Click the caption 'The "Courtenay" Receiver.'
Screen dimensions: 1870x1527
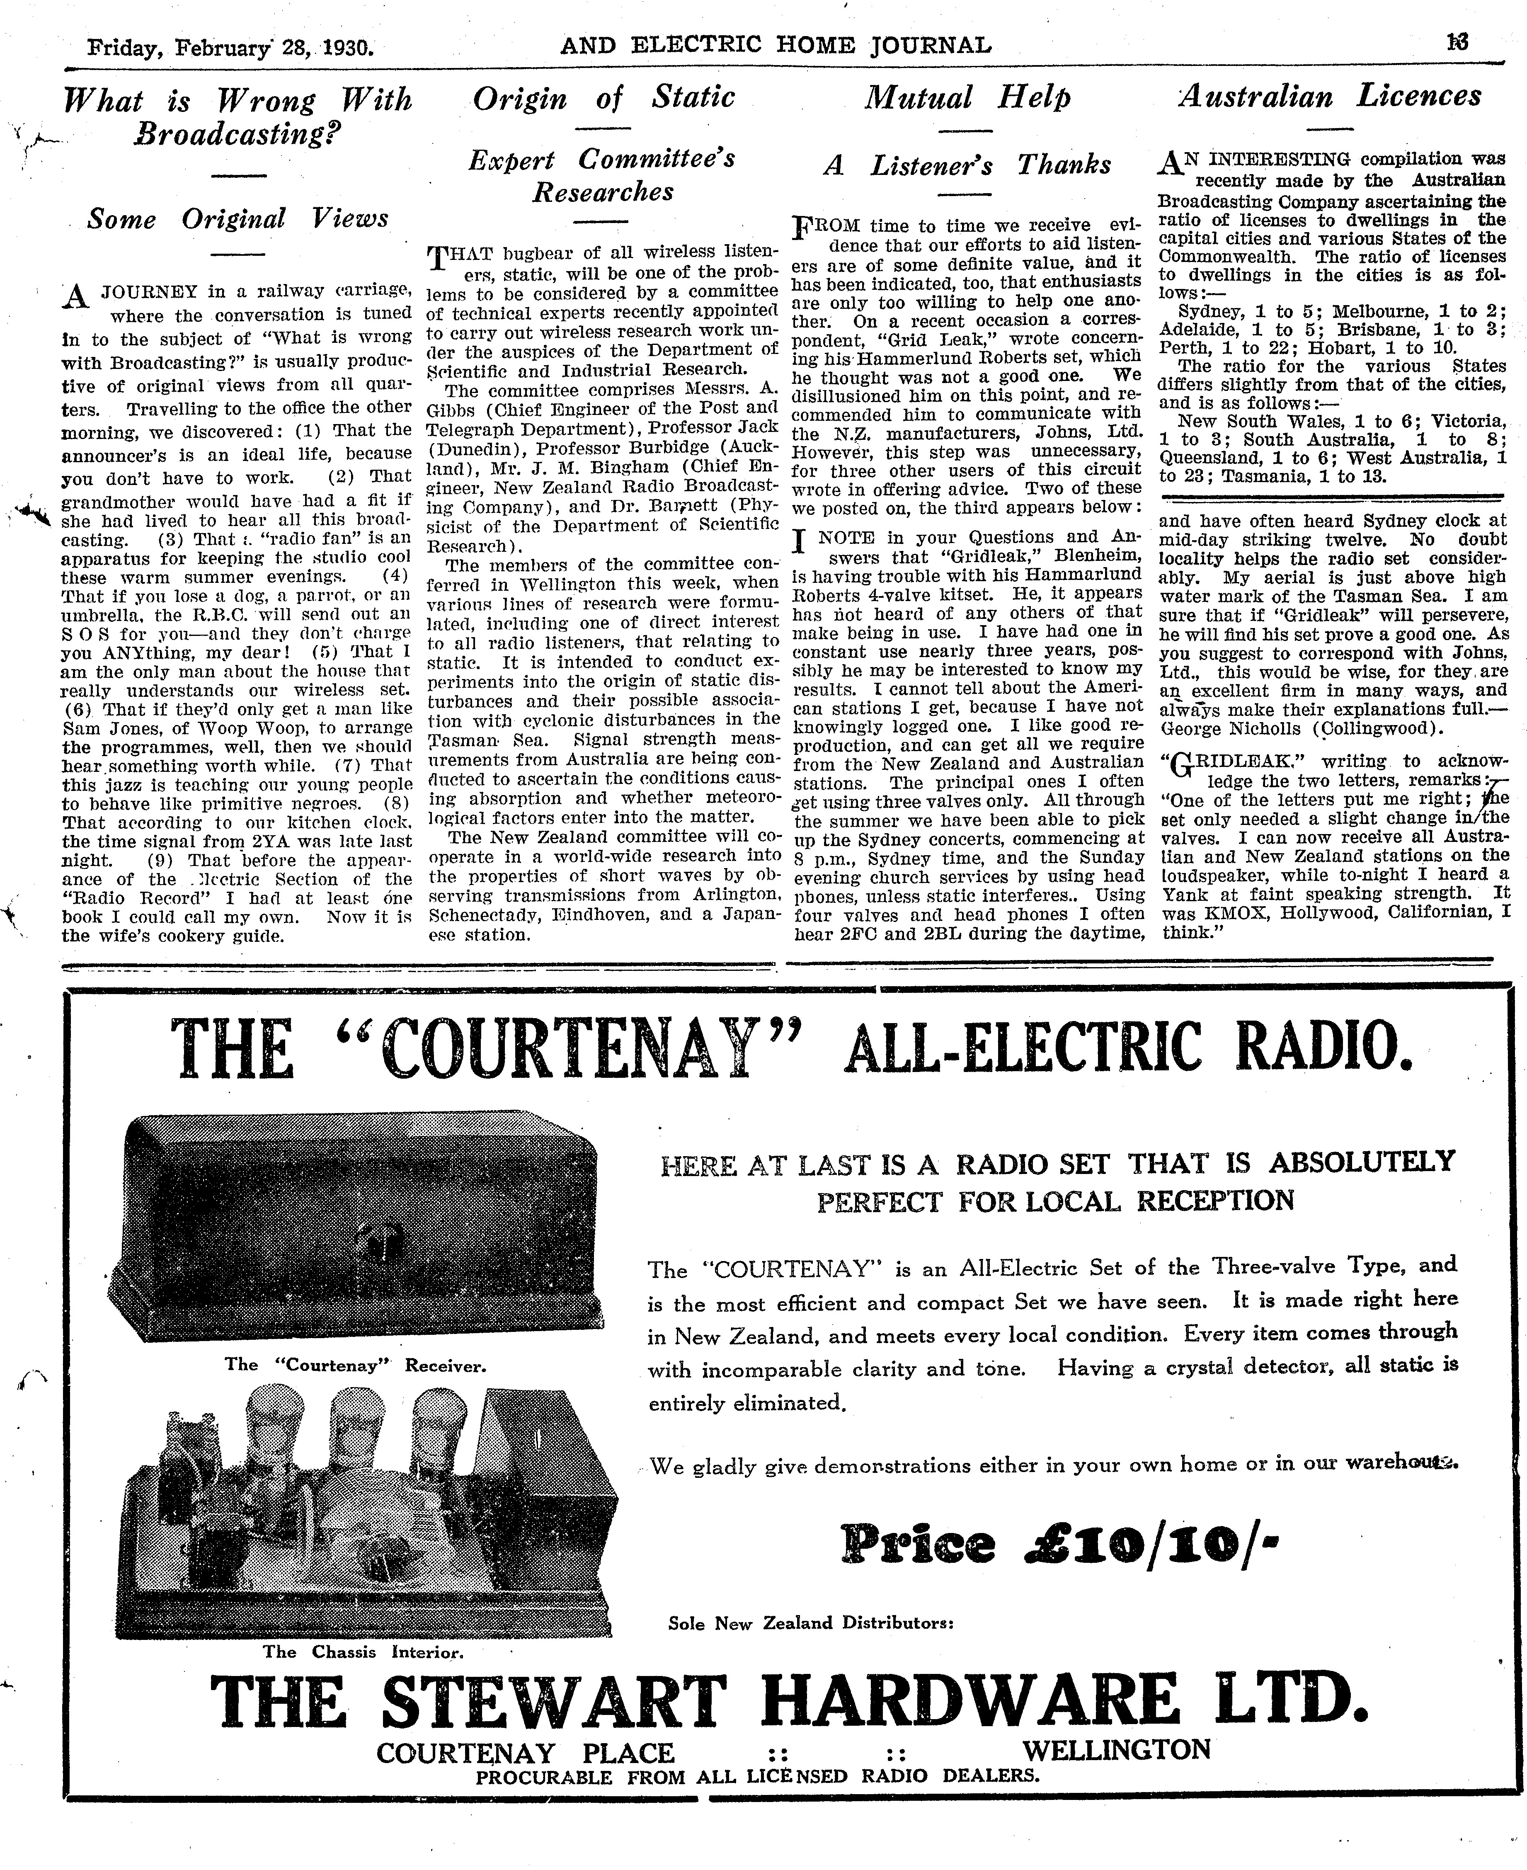tap(355, 1365)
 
